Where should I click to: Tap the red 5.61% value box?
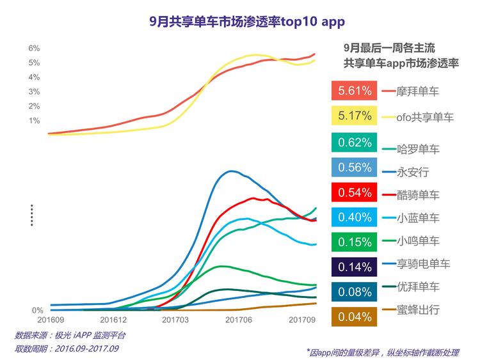click(353, 91)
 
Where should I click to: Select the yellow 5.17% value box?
click(353, 116)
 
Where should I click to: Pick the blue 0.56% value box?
click(353, 168)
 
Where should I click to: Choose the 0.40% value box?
click(353, 217)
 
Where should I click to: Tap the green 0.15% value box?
click(353, 242)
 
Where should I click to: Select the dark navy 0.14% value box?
click(353, 267)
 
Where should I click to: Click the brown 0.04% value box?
click(353, 317)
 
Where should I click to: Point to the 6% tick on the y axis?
click(35, 49)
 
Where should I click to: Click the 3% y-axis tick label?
click(35, 92)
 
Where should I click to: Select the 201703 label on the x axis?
click(175, 318)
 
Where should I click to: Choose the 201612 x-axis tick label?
click(113, 318)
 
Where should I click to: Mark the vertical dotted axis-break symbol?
click(31, 215)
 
